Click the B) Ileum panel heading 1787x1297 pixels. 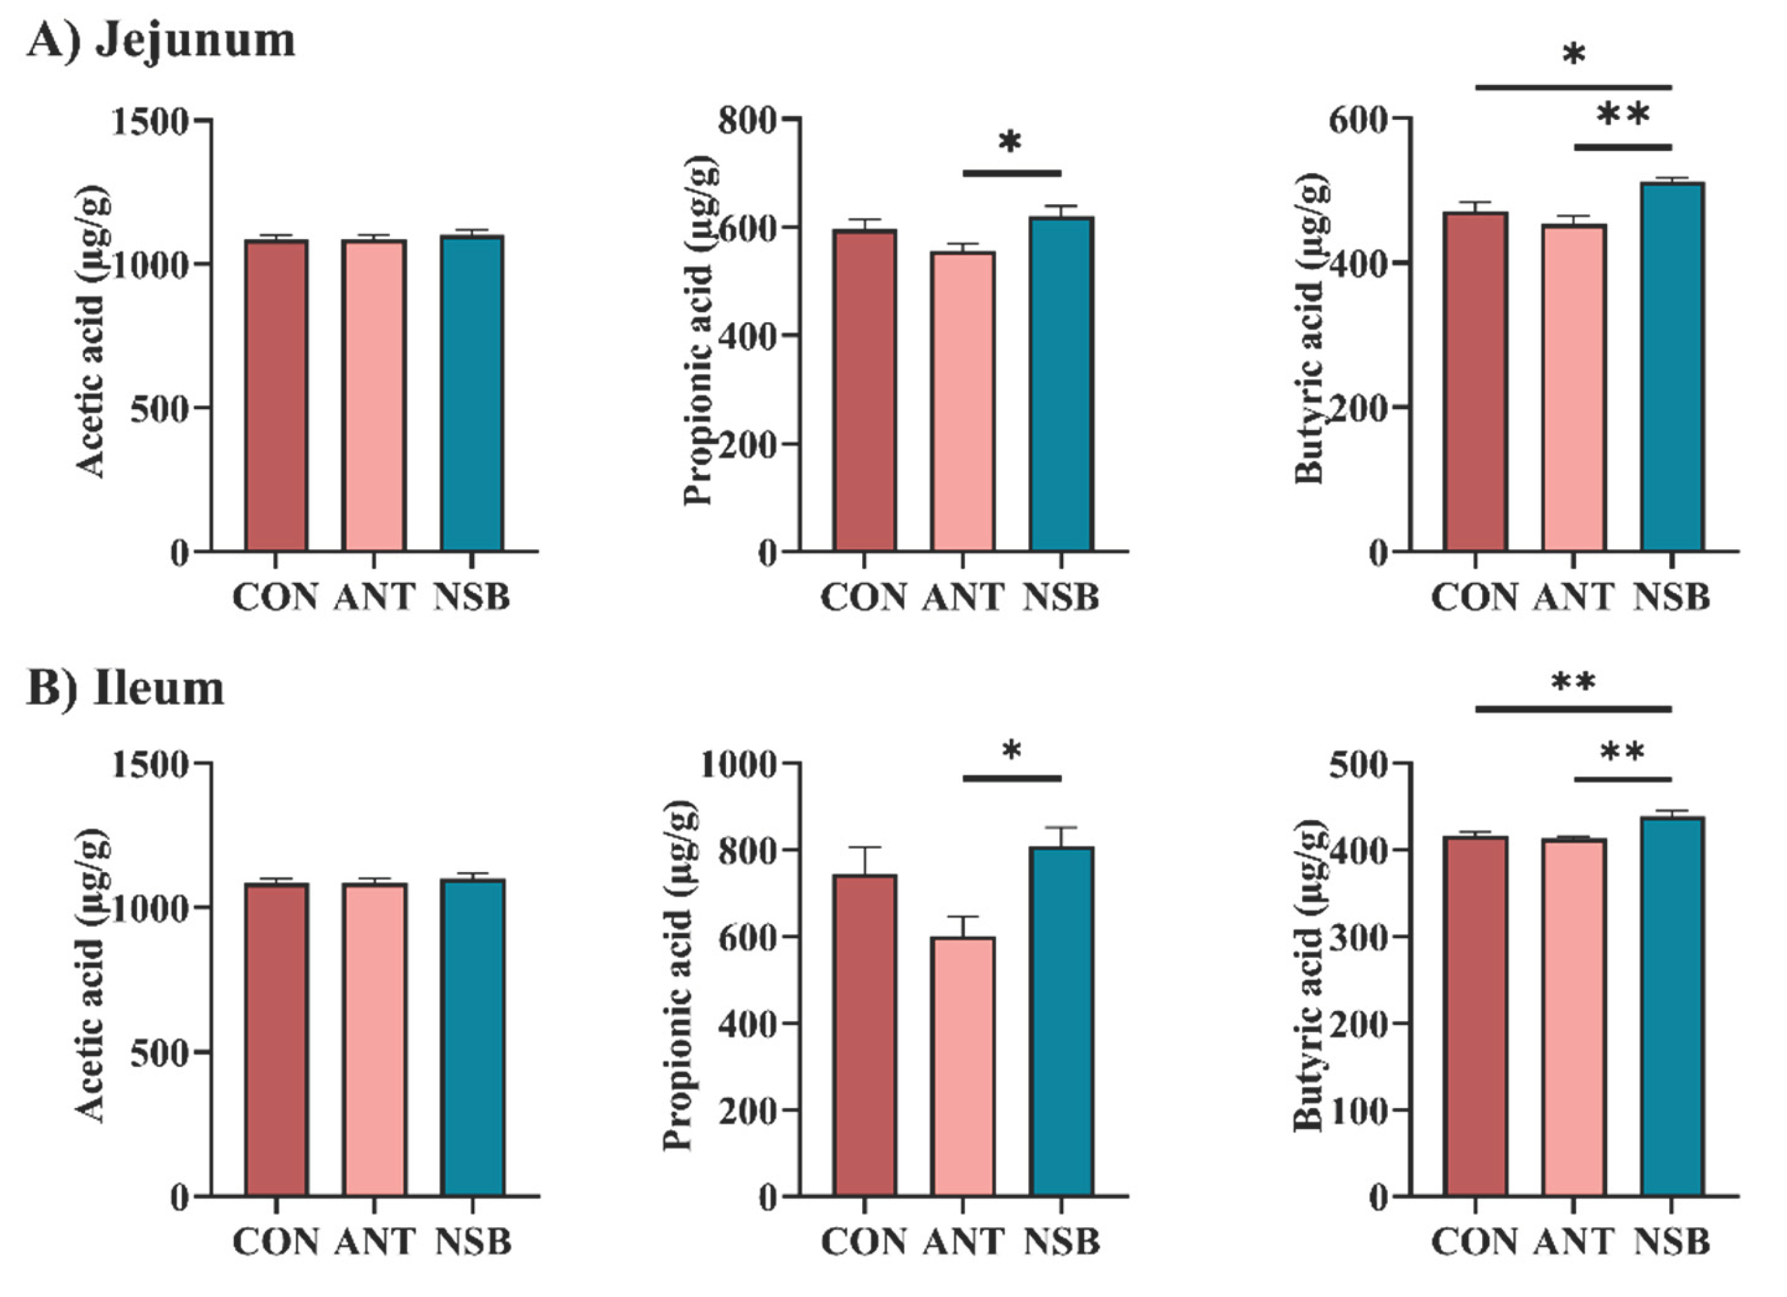[x=125, y=689]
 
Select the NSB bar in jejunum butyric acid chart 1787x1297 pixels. [x=1672, y=366]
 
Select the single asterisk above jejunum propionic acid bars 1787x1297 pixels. [x=1010, y=144]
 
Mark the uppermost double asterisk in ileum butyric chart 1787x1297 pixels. [x=1573, y=682]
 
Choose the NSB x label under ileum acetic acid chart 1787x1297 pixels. [x=473, y=1242]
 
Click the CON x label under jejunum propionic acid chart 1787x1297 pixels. [x=864, y=597]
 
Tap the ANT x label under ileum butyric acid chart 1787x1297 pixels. [x=1573, y=1242]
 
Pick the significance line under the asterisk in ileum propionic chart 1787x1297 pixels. [x=1012, y=779]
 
